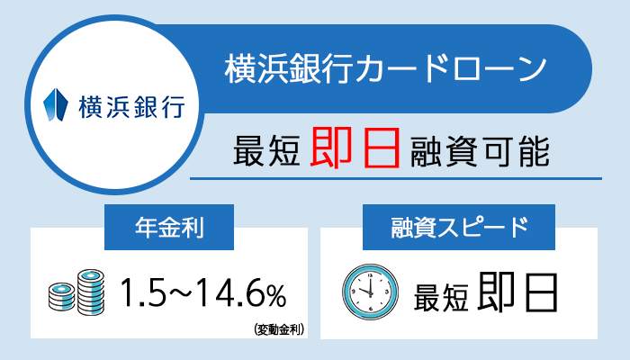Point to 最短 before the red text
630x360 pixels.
266,148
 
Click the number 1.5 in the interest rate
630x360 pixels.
142,292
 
